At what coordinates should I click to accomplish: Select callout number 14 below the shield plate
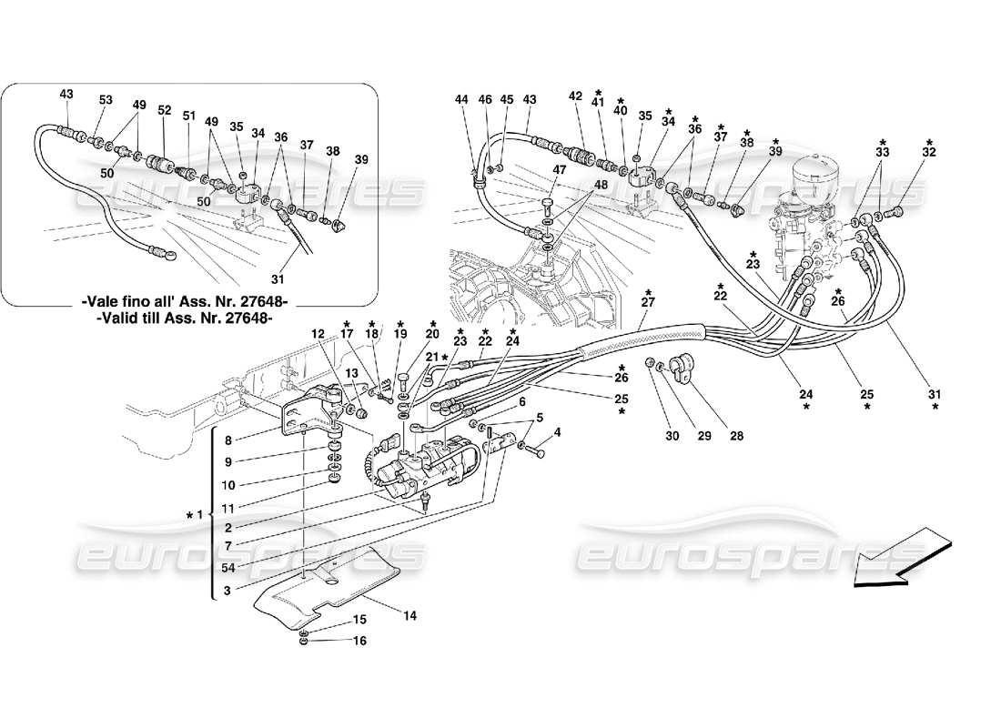410,616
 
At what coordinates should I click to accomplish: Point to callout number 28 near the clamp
736,436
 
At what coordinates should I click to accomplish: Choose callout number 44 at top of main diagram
462,99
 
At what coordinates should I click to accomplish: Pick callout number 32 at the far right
929,154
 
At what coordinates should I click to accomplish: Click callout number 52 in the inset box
164,110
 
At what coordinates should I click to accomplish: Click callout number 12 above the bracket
319,335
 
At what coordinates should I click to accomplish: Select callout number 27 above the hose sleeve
648,303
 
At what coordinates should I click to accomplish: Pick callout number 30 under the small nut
672,436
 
